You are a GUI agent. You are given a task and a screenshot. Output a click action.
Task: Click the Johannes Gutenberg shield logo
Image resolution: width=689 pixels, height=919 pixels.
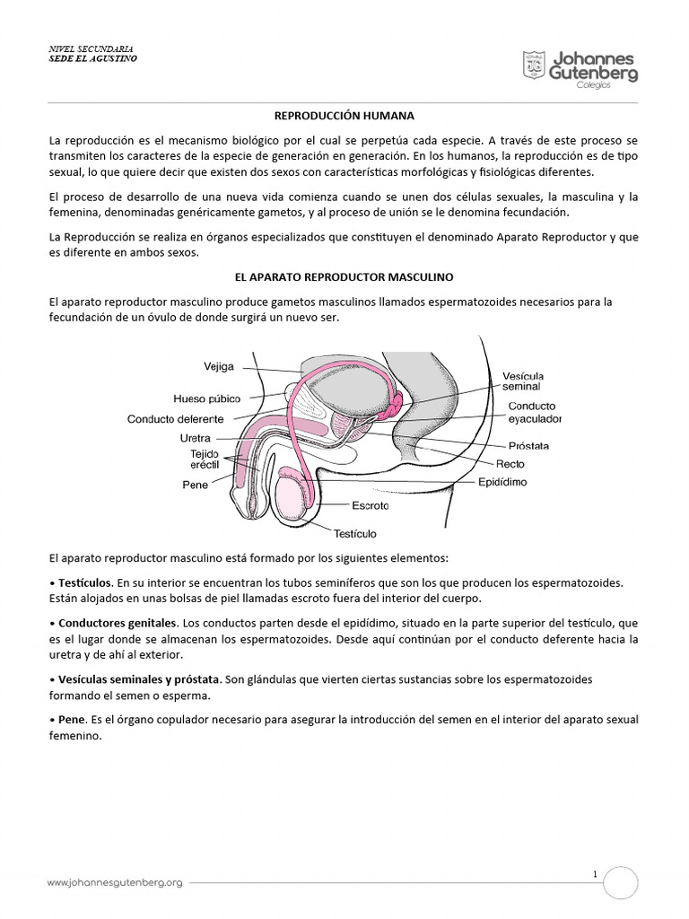534,66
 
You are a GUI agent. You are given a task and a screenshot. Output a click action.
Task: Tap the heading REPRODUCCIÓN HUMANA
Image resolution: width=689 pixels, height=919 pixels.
344,116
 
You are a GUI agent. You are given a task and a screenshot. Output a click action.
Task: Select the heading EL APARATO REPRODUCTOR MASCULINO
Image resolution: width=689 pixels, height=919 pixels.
344,278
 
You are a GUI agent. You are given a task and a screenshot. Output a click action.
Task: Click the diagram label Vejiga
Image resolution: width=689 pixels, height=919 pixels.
218,367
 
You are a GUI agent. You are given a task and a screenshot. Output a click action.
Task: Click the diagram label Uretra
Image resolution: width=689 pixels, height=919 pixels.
195,439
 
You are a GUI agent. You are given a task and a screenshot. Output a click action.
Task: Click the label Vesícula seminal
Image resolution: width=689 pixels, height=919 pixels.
521,381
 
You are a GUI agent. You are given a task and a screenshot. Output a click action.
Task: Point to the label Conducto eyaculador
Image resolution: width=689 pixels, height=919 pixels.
536,412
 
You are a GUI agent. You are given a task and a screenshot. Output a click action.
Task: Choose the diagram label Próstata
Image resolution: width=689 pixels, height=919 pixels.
529,445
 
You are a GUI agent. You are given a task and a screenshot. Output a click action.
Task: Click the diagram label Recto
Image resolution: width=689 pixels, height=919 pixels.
510,464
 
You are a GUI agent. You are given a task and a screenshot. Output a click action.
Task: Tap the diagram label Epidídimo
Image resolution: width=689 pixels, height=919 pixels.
501,482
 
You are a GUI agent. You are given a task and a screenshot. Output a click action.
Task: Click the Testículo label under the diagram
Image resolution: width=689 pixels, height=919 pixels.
355,532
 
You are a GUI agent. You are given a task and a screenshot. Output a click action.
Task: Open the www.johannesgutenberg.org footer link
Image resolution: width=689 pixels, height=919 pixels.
115,882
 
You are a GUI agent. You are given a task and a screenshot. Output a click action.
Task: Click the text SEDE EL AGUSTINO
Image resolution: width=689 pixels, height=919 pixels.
93,58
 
